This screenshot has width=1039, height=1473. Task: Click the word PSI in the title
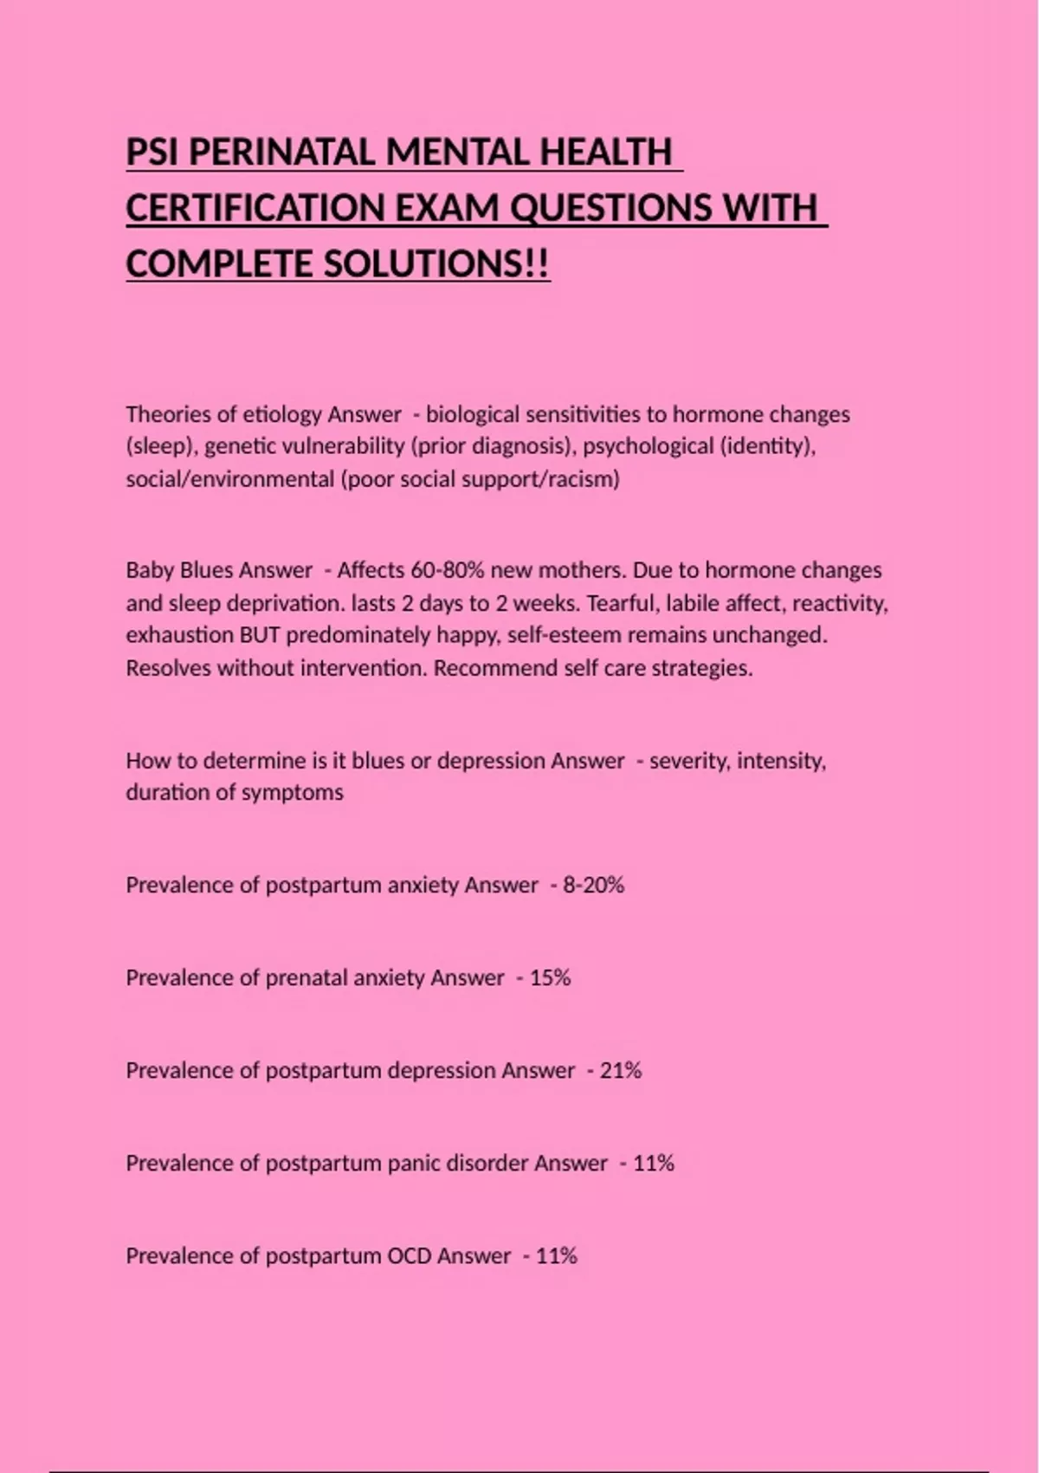pos(152,152)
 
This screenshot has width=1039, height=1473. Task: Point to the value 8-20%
pos(593,885)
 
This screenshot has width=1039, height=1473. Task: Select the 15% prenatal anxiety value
pos(550,977)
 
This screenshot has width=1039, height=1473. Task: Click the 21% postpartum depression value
pos(621,1070)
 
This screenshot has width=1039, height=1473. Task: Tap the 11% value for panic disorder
pos(654,1163)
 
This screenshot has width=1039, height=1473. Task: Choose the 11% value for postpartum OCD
pos(557,1256)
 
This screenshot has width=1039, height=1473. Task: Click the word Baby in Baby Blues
pos(150,570)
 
